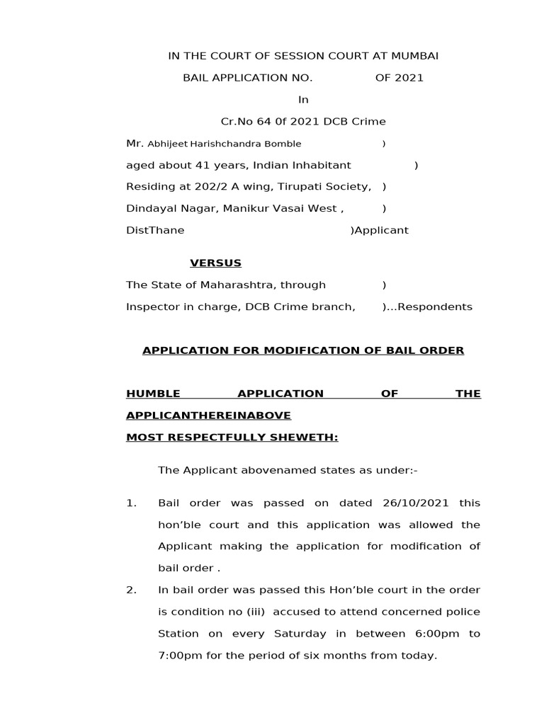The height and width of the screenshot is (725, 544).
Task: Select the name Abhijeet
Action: tap(167, 144)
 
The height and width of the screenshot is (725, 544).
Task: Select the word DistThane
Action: tap(155, 231)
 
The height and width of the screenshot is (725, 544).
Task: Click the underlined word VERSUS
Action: tap(215, 263)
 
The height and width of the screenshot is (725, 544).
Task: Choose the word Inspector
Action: tap(150, 307)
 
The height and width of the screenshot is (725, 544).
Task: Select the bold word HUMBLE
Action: tap(153, 394)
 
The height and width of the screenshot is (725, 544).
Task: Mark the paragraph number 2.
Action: tap(130, 590)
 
